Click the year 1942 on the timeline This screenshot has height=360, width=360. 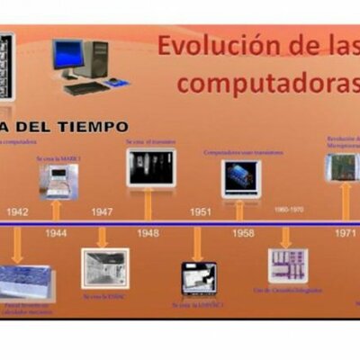pos(18,212)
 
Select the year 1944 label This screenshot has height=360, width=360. pos(56,232)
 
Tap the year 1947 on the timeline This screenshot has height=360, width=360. pos(102,212)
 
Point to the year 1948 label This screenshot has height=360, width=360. pos(148,232)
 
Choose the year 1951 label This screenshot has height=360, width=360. pos(200,212)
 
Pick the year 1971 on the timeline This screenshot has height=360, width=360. pos(346,232)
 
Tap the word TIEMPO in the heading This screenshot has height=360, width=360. pos(89,127)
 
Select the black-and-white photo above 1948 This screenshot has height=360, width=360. pos(150,168)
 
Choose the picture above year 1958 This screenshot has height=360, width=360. pos(240,177)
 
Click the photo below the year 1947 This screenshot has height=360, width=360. pos(104,268)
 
